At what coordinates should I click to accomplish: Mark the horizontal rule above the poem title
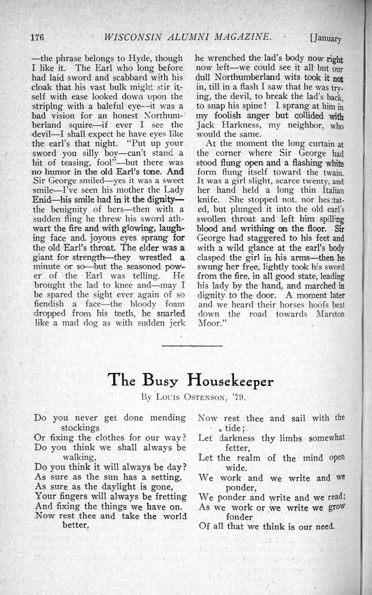point(193,345)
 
